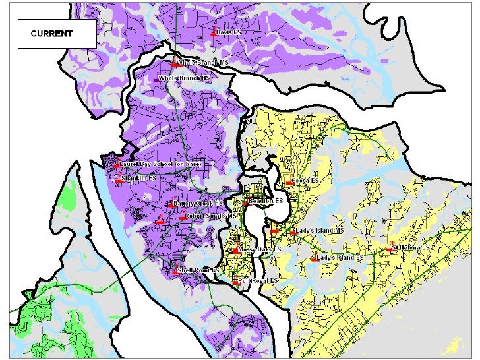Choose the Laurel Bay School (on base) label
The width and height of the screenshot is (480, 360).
pos(163,164)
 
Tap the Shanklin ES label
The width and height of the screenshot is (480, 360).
pos(142,179)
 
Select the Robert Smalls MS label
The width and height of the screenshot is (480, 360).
pos(211,216)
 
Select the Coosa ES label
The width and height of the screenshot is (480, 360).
pos(305,180)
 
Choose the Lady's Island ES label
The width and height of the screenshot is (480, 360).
pos(340,258)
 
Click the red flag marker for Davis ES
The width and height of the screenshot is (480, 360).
pos(214,32)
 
